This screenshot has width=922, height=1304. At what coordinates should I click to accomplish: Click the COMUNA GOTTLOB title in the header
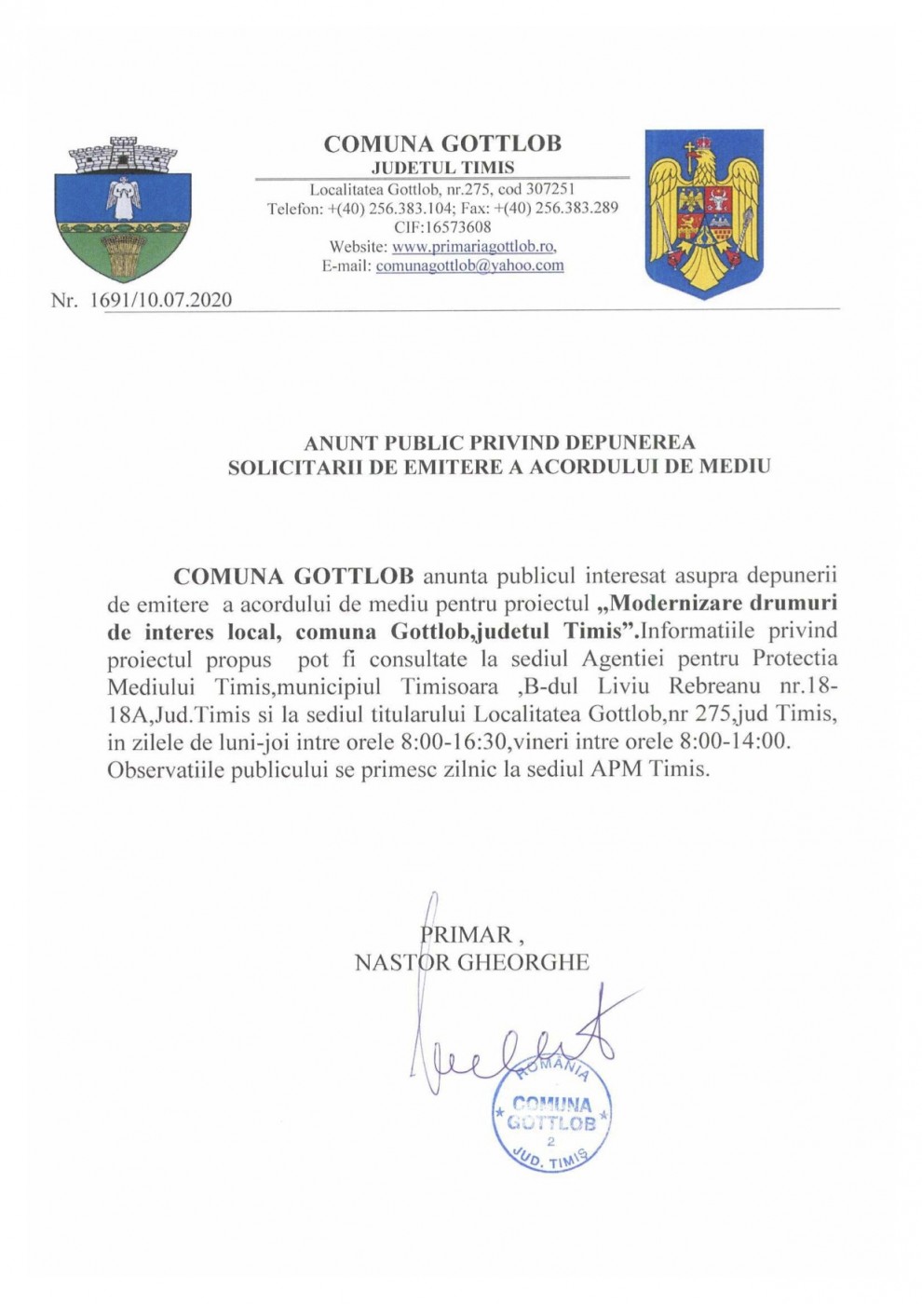(x=442, y=144)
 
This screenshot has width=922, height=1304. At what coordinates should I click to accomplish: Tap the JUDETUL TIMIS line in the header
(x=442, y=168)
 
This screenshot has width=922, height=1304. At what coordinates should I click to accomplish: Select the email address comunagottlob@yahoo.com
(x=469, y=265)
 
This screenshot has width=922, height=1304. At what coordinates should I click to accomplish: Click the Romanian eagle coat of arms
(x=704, y=212)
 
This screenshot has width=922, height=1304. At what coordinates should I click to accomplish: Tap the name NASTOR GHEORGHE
(x=471, y=962)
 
